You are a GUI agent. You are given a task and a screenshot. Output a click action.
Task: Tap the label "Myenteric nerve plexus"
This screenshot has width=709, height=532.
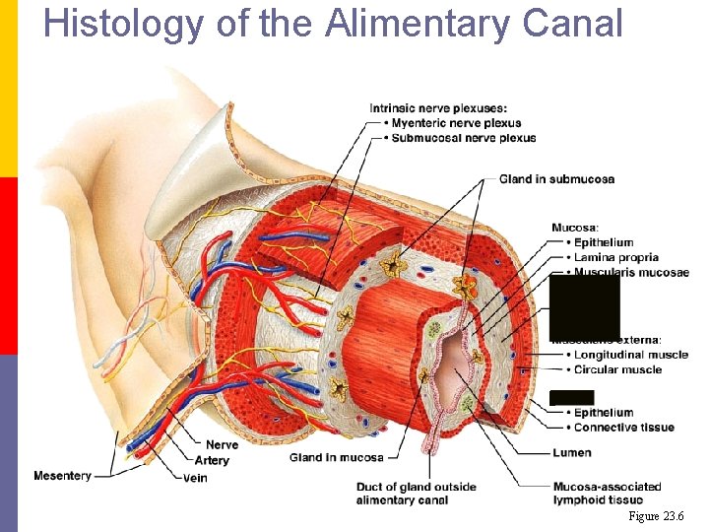tap(456, 123)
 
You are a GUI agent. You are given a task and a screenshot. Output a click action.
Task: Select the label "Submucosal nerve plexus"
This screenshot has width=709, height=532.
tap(463, 138)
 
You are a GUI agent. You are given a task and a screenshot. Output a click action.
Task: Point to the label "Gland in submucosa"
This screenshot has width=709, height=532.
tap(556, 179)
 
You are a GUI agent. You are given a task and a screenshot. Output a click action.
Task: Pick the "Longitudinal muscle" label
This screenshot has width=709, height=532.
tap(630, 355)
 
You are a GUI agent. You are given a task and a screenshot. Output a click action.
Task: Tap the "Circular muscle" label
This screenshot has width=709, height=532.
tap(617, 369)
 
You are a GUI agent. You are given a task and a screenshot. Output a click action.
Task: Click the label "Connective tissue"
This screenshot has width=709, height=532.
tap(623, 428)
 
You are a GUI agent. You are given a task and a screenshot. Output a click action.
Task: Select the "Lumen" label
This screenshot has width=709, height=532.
tap(572, 453)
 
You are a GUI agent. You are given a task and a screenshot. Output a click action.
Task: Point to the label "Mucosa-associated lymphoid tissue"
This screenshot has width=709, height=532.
tap(607, 494)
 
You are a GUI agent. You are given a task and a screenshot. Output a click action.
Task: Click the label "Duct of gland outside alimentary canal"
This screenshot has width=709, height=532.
tap(416, 494)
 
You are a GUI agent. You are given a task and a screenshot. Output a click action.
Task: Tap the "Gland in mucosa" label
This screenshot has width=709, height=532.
tap(337, 457)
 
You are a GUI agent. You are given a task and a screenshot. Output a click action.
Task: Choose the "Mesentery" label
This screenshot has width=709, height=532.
tap(62, 476)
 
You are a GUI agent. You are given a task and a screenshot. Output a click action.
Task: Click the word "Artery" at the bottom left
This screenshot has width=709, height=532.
tap(212, 460)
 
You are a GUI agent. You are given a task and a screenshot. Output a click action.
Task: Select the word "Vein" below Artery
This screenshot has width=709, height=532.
tap(195, 478)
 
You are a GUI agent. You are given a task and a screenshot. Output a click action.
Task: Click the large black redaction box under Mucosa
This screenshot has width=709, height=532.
tap(584, 307)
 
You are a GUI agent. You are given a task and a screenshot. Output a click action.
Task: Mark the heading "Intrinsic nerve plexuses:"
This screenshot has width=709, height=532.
tap(438, 108)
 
